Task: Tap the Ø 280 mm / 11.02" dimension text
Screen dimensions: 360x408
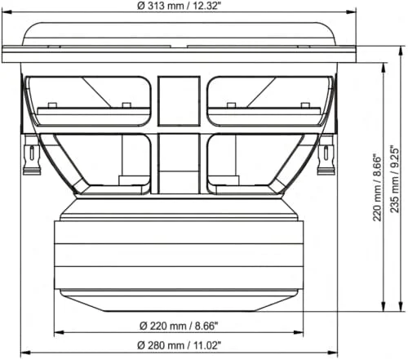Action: tap(179, 344)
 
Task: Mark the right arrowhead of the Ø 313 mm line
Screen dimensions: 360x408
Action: tap(353, 11)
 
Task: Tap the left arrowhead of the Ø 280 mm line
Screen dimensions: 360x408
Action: tap(23, 353)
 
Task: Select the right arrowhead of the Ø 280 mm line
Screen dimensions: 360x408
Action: tap(335, 353)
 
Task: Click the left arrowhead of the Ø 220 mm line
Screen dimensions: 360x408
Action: tap(57, 333)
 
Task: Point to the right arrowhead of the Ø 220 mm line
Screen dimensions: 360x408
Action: tap(298, 333)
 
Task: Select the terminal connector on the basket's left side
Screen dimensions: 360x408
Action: tap(31, 155)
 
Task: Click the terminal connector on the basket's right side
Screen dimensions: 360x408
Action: tap(327, 155)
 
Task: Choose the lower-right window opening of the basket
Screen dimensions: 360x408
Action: tap(245, 163)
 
